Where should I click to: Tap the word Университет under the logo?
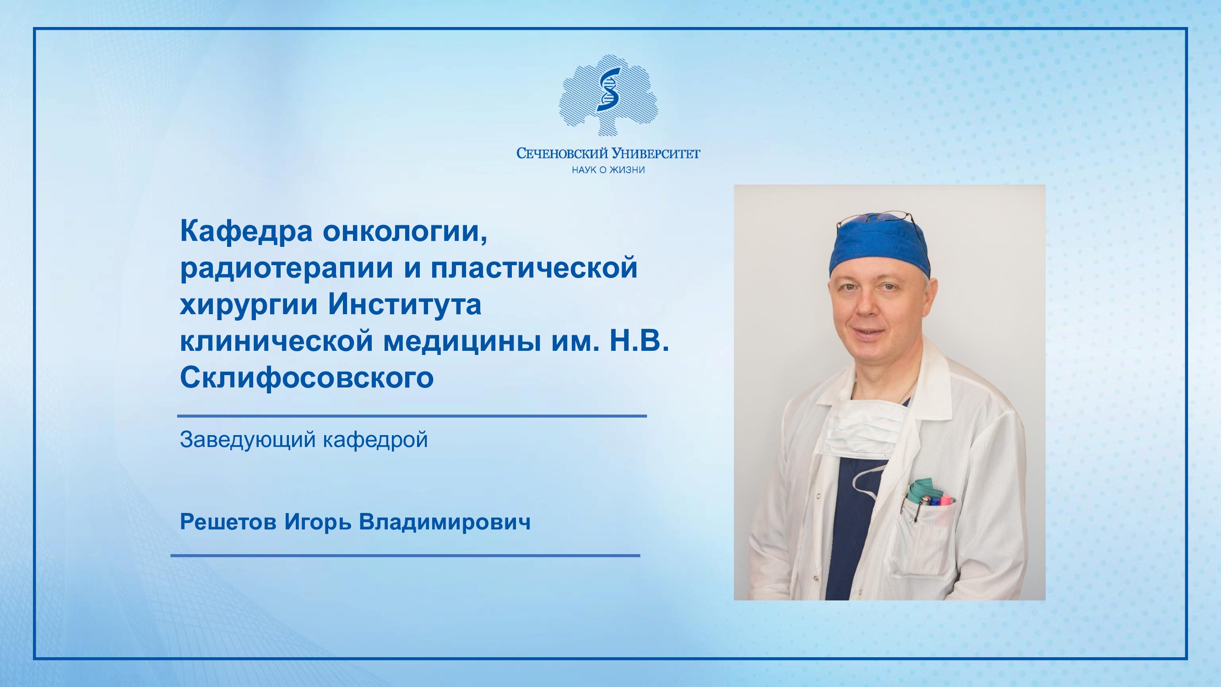pyautogui.click(x=657, y=153)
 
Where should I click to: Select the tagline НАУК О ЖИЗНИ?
pyautogui.click(x=608, y=170)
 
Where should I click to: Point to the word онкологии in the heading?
pyautogui.click(x=405, y=232)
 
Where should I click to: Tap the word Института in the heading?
pyautogui.click(x=405, y=305)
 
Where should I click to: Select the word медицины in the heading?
pyautogui.click(x=462, y=342)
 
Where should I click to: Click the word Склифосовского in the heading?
pyautogui.click(x=307, y=378)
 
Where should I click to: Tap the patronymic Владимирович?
pyautogui.click(x=445, y=522)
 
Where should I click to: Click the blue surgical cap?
pyautogui.click(x=879, y=247)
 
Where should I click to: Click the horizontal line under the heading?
pyautogui.click(x=412, y=416)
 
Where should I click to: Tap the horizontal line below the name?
pyautogui.click(x=405, y=555)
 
